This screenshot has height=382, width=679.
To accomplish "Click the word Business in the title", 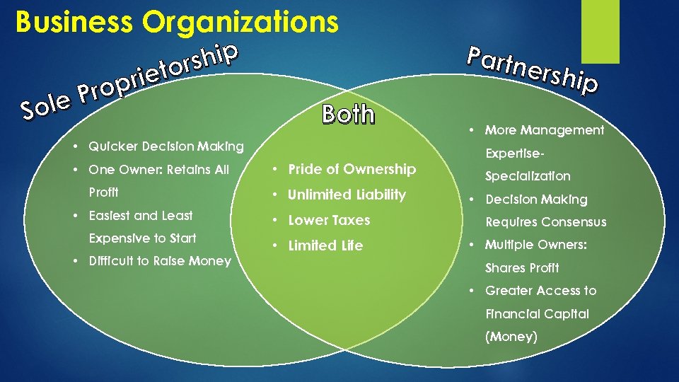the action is coord(74,22).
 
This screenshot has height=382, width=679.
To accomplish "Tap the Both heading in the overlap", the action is coord(348,114).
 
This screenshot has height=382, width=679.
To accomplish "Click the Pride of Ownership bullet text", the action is coord(352,169).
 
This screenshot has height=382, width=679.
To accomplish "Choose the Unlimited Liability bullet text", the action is coord(347,195).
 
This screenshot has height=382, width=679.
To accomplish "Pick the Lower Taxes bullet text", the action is coord(329,220).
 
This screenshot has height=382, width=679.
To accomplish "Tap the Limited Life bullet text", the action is coord(325,245).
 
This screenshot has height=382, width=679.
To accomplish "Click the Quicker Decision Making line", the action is coord(166,146).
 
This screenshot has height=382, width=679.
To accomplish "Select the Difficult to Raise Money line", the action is coord(160,261).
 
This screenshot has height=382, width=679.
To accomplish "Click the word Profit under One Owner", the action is coord(103,192).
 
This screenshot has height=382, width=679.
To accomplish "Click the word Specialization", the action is coord(527,176).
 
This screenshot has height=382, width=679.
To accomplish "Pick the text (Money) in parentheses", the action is coord(511,337).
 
